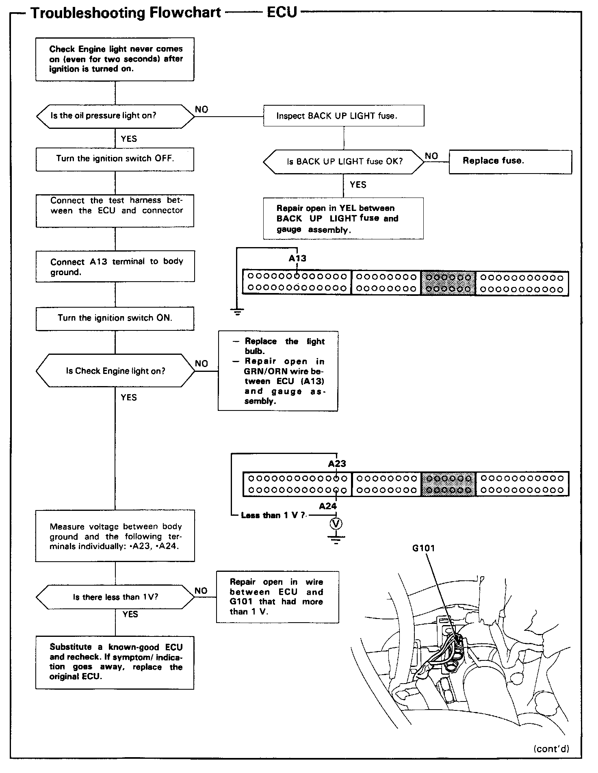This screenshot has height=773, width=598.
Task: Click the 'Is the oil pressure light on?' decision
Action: tap(115, 116)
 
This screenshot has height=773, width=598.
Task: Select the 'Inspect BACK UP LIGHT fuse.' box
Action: tap(344, 116)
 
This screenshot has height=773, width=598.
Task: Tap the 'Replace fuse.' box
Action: tap(510, 161)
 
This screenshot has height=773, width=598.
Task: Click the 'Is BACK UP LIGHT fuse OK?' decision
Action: tap(344, 162)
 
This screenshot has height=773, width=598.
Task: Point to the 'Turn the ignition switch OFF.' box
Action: tap(115, 159)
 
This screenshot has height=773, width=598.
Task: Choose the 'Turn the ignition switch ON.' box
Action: tap(115, 318)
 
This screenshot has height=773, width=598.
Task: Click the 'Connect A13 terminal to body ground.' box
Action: tap(115, 267)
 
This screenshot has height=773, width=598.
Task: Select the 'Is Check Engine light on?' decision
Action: tap(115, 371)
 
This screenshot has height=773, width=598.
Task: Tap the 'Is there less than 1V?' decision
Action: tap(115, 597)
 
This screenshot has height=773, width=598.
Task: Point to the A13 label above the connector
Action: tap(297, 258)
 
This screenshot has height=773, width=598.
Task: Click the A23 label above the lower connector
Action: tap(337, 464)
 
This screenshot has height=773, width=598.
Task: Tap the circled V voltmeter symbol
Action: tap(336, 524)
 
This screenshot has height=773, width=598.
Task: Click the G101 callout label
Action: tap(423, 548)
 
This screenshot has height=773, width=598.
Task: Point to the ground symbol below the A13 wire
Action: tap(237, 312)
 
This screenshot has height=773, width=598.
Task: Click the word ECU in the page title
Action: tap(282, 13)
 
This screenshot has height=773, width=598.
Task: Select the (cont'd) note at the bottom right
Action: tap(551, 749)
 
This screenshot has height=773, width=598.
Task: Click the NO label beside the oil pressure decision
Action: tap(201, 109)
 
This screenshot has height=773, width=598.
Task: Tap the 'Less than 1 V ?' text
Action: tap(273, 515)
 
